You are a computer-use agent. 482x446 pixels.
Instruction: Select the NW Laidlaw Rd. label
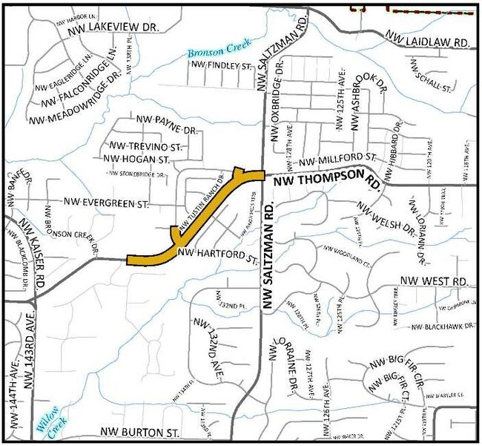tap(428, 39)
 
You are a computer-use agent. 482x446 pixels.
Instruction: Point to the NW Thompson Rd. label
tap(326, 181)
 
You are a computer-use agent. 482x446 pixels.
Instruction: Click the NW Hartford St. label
tap(218, 257)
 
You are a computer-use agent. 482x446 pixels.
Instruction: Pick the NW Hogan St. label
tap(137, 160)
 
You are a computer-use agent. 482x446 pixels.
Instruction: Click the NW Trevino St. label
tap(145, 146)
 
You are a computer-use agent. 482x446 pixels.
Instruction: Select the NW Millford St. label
tap(338, 160)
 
